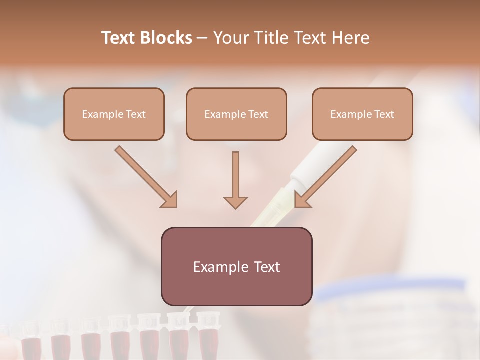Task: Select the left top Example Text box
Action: pyautogui.click(x=114, y=114)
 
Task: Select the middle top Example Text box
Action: pyautogui.click(x=236, y=114)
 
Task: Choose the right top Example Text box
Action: pyautogui.click(x=362, y=114)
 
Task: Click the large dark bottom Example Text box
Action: pyautogui.click(x=236, y=266)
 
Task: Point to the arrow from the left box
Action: pyautogui.click(x=146, y=177)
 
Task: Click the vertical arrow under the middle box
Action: pyautogui.click(x=235, y=180)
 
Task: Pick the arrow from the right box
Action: pyautogui.click(x=325, y=177)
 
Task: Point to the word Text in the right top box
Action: pyautogui.click(x=384, y=114)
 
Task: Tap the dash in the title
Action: pyautogui.click(x=202, y=38)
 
